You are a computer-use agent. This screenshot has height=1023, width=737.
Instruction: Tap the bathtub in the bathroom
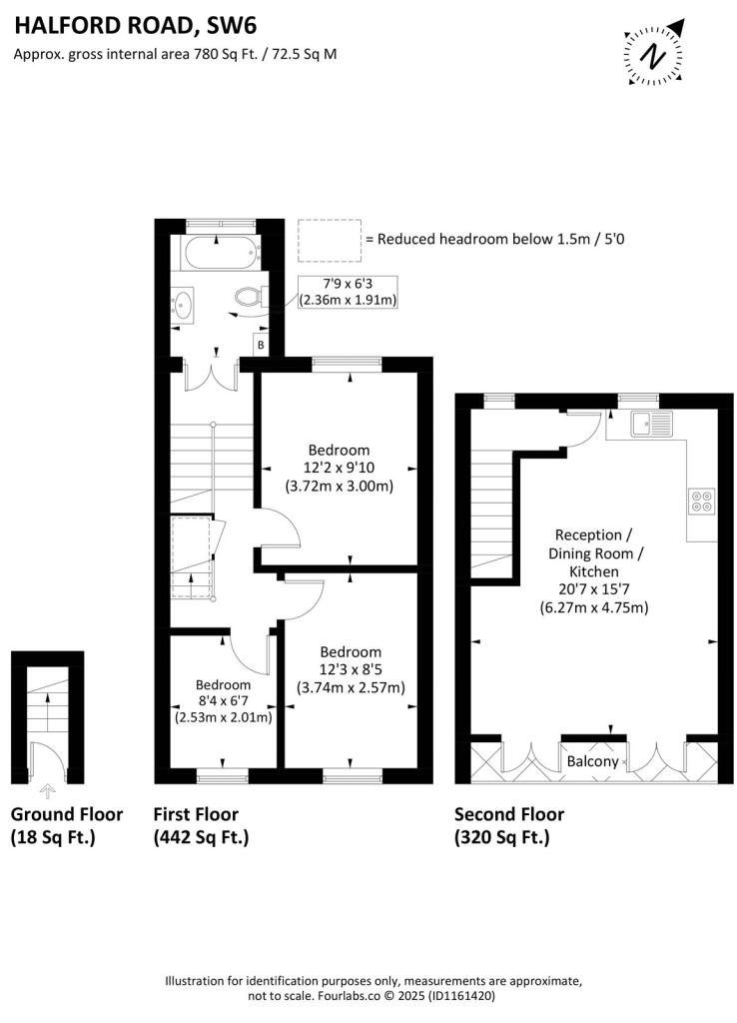click(x=221, y=253)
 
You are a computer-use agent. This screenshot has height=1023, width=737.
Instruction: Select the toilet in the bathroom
click(x=248, y=298)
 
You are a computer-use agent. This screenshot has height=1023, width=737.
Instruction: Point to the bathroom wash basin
click(x=182, y=304)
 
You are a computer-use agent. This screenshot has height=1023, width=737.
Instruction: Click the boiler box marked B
click(x=261, y=345)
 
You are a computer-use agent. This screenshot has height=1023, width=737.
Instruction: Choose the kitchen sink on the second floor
click(x=651, y=424)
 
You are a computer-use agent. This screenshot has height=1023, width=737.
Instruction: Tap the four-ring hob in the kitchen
click(x=702, y=502)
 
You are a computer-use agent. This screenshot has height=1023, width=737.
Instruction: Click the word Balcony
click(x=592, y=761)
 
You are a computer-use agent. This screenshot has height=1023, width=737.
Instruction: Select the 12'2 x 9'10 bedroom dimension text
click(x=339, y=468)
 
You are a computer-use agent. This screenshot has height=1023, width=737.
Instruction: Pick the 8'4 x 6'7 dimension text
click(x=223, y=701)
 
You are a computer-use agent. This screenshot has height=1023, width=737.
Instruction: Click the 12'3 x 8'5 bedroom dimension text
click(x=351, y=669)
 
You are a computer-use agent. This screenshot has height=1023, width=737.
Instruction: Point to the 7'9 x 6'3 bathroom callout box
click(x=348, y=292)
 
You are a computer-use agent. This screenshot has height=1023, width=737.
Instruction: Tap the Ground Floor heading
click(x=67, y=814)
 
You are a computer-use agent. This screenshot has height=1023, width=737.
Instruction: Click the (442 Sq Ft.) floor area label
click(x=201, y=837)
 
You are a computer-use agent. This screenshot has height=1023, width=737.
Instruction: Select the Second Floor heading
click(x=508, y=814)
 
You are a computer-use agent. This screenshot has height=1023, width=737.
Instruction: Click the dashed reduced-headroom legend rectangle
click(x=330, y=241)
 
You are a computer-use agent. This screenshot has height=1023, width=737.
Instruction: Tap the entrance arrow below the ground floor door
click(x=47, y=792)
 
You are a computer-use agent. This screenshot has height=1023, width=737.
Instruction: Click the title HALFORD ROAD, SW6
click(x=136, y=25)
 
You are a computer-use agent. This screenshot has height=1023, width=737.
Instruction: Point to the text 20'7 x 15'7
click(x=593, y=589)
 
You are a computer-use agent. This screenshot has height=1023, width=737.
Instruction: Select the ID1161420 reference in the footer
click(x=460, y=996)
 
